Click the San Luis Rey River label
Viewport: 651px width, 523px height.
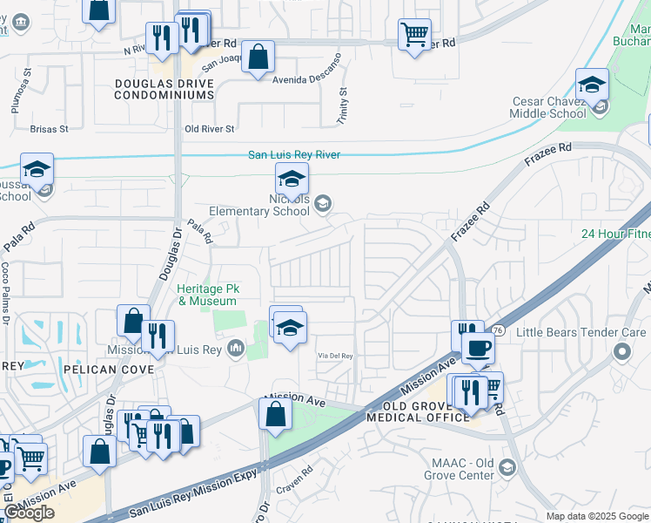tap(293, 155)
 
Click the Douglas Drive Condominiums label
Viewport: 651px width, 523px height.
tap(164, 89)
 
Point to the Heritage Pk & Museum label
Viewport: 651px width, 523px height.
tap(207, 295)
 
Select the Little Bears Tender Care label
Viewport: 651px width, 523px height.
tap(581, 332)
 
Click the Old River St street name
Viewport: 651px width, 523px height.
tap(210, 129)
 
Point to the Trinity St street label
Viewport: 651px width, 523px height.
tap(343, 104)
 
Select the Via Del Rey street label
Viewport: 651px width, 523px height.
tap(335, 356)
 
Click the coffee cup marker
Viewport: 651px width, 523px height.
tap(476, 349)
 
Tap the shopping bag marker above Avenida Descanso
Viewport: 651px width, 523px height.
tap(258, 58)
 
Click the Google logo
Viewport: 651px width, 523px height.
tap(29, 513)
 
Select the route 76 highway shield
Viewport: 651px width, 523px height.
tap(498, 330)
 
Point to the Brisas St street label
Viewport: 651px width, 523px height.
tap(49, 129)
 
